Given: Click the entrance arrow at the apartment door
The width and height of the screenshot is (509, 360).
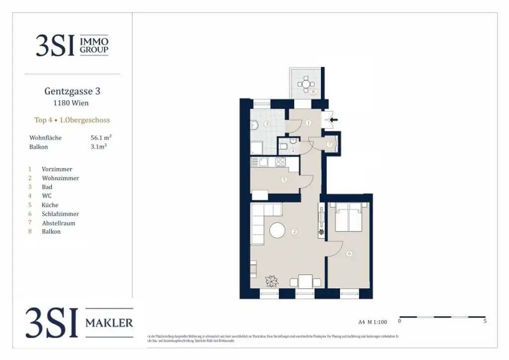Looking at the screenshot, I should pyautogui.click(x=333, y=119).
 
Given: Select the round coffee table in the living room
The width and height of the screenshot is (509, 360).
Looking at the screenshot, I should pyautogui.click(x=277, y=230).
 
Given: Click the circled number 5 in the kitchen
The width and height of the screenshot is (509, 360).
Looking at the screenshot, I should pyautogui.click(x=284, y=180).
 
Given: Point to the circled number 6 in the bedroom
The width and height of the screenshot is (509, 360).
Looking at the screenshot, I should pyautogui.click(x=349, y=254).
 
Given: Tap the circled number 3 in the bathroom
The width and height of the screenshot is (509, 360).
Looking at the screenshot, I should pyautogui.click(x=267, y=123).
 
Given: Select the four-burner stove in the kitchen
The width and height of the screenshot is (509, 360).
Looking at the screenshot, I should pyautogui.click(x=280, y=162).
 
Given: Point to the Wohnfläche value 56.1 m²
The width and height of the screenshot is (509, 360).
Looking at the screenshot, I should pyautogui.click(x=101, y=138).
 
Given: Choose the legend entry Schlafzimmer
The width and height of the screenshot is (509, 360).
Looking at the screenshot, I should pyautogui.click(x=60, y=214).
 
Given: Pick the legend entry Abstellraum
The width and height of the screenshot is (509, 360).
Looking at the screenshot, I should pyautogui.click(x=59, y=223).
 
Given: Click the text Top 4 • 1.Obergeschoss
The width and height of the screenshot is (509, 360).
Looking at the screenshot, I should pyautogui.click(x=72, y=120).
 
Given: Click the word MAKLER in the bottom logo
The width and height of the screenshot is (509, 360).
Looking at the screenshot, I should pyautogui.click(x=109, y=323).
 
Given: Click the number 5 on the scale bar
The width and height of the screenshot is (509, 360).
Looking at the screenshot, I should pyautogui.click(x=485, y=321).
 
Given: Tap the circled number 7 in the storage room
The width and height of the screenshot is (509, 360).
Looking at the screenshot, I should pyautogui.click(x=330, y=144).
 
